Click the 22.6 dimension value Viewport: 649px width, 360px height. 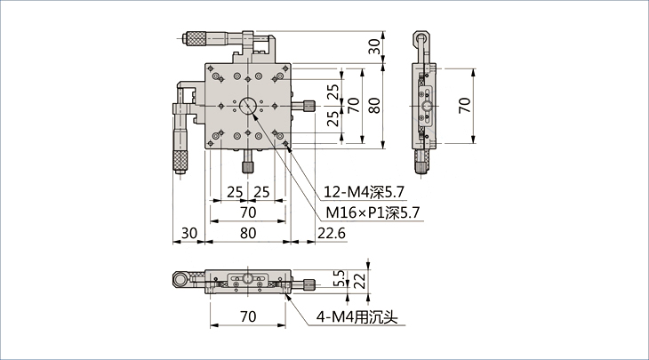(332, 234)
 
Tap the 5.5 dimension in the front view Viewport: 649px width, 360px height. (339, 279)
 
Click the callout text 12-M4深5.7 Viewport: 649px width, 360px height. (364, 192)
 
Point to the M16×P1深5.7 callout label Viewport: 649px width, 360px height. (373, 212)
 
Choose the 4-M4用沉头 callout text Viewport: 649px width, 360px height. (357, 317)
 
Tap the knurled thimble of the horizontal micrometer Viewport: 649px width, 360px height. (196, 38)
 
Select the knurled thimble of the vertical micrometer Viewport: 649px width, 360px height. (180, 161)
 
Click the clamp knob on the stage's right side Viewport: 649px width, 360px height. (309, 106)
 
